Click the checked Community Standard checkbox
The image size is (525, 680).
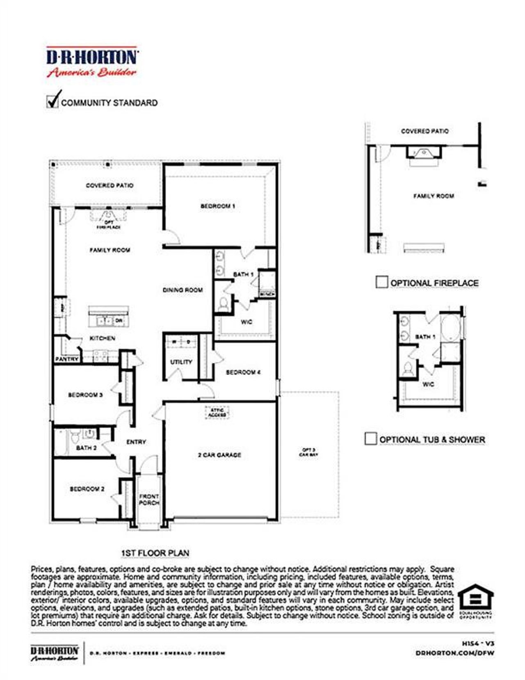(x=52, y=101)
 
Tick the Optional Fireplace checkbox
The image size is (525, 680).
(x=381, y=282)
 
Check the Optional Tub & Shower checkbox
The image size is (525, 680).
(x=370, y=438)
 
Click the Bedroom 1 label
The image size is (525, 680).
(x=217, y=206)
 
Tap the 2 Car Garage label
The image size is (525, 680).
(x=219, y=455)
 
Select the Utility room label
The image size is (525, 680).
(x=181, y=362)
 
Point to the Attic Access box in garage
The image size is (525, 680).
(x=217, y=412)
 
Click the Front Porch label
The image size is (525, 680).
(x=149, y=499)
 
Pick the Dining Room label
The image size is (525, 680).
(x=183, y=290)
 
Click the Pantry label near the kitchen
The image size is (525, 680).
(x=66, y=359)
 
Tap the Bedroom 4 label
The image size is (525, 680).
(x=243, y=372)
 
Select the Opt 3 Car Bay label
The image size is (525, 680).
(x=308, y=452)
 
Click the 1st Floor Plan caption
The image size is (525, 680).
(x=155, y=553)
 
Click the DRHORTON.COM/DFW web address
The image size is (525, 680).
(x=454, y=653)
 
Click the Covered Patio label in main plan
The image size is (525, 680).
(x=110, y=185)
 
